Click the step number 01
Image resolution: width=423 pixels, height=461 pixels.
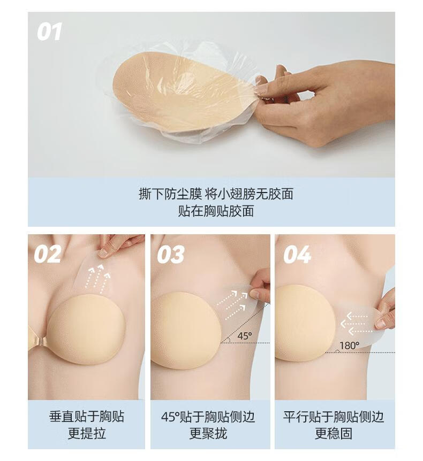click(x=49, y=32)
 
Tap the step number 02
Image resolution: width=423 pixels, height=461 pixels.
click(x=48, y=255)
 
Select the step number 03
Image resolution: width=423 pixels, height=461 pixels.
click(x=171, y=255)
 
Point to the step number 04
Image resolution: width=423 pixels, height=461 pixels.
click(x=297, y=255)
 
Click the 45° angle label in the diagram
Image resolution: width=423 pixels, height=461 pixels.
click(x=245, y=336)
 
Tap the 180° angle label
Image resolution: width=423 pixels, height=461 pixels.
click(x=350, y=345)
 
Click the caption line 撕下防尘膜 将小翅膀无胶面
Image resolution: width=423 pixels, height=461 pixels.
click(x=216, y=194)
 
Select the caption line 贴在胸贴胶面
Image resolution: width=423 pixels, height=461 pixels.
click(x=216, y=211)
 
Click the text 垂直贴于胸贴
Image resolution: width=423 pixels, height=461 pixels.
click(x=87, y=417)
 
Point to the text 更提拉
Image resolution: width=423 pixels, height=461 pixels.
click(x=87, y=433)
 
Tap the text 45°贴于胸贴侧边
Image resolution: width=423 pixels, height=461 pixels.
click(x=208, y=417)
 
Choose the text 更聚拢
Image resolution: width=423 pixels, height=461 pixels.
click(x=208, y=433)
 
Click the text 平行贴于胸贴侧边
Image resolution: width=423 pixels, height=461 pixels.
click(x=334, y=417)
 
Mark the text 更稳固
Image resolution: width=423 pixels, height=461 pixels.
click(x=334, y=433)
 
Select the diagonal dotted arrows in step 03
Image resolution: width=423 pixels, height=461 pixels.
click(x=232, y=304)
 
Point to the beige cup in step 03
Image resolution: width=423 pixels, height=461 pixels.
click(x=185, y=331)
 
